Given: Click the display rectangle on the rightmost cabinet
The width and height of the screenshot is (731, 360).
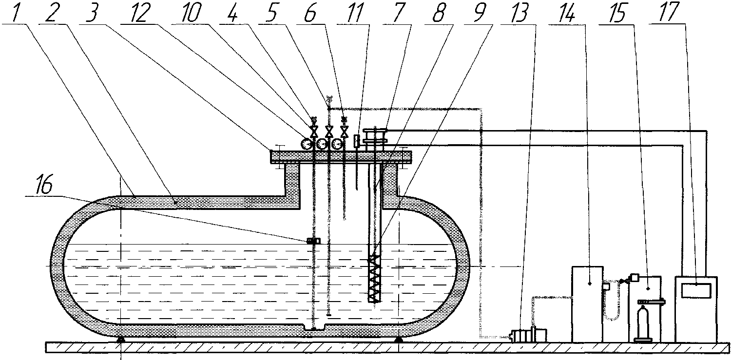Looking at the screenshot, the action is click(x=696, y=290).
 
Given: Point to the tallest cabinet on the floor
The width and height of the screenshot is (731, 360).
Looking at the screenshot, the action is click(x=587, y=304).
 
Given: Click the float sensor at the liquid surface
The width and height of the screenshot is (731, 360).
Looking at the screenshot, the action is click(x=314, y=241).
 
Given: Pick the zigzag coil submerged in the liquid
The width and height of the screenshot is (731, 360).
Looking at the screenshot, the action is click(x=373, y=279).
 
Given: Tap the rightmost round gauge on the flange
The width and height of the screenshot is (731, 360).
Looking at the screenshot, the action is click(x=337, y=144).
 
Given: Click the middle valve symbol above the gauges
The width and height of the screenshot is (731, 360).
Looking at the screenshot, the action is click(x=329, y=132).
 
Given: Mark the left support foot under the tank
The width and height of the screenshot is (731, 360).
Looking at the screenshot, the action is click(x=120, y=340).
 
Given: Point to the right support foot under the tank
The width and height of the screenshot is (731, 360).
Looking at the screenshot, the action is click(x=399, y=340).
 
